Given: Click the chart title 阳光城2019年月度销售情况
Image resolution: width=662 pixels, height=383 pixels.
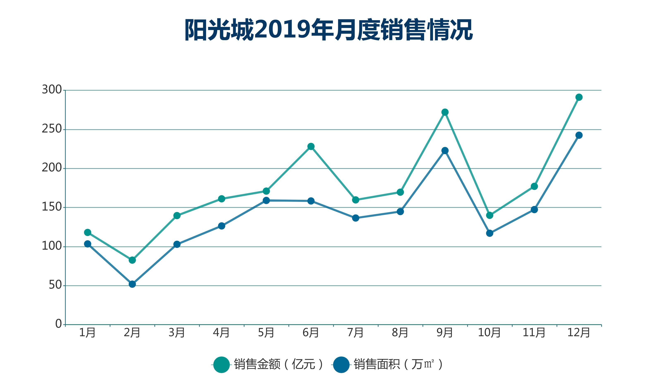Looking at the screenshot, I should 329,29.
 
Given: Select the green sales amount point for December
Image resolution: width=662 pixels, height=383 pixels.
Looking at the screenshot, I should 579,97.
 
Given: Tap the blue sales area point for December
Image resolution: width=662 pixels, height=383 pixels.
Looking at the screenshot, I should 579,135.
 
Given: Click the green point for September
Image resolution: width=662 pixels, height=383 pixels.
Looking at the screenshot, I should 445,112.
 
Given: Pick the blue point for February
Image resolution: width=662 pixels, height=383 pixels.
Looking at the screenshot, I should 132,284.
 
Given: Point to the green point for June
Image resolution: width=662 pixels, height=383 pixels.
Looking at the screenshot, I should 311,146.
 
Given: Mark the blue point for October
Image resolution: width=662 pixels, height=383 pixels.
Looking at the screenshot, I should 490,233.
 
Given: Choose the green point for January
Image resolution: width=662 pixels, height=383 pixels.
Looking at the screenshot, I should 88,232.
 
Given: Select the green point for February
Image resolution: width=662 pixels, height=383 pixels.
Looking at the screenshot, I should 132,260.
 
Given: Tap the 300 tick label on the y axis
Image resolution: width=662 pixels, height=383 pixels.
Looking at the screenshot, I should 52,90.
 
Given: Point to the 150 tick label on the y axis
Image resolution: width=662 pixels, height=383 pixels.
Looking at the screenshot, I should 52,207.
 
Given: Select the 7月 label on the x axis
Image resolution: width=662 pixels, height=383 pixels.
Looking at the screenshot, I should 355,333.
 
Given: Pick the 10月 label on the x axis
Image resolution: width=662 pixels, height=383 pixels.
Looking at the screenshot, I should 489,333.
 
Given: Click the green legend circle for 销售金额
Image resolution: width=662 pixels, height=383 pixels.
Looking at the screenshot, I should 221,365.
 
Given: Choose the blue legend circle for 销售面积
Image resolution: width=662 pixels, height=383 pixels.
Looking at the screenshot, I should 341,365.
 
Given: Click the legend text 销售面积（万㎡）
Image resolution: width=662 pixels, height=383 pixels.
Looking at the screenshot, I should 398,364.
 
